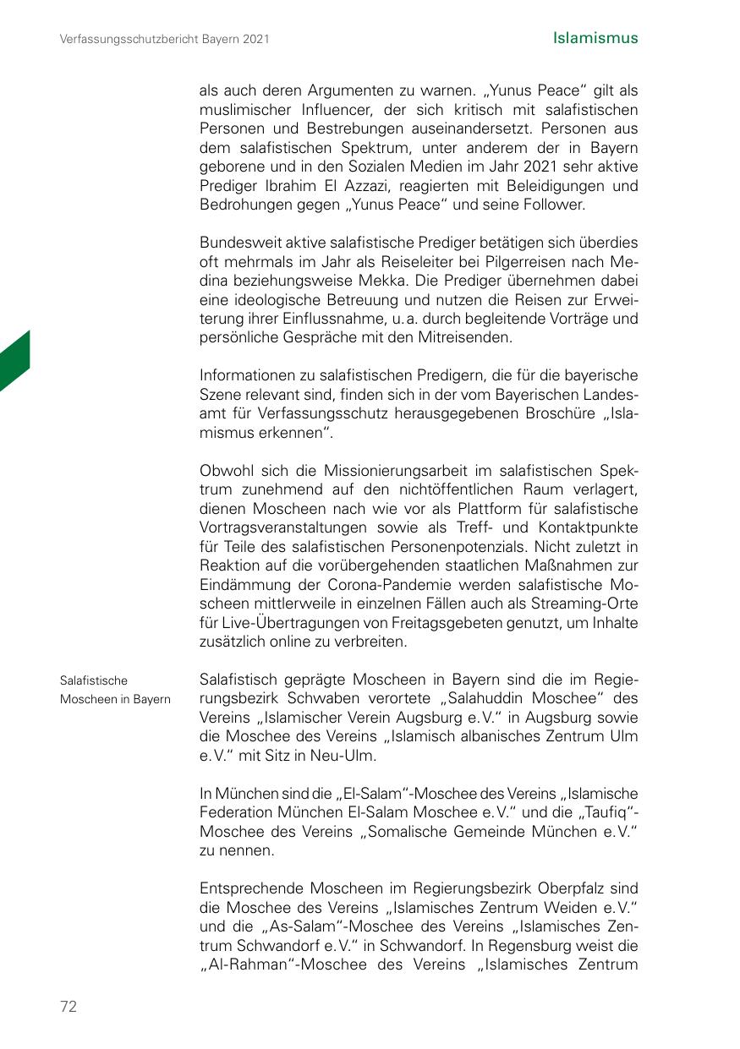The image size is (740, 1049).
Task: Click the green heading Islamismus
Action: (595, 38)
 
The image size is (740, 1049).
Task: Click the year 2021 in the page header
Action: (255, 39)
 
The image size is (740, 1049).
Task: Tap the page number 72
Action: (69, 1006)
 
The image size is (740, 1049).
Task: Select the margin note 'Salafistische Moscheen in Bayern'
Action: (115, 690)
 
